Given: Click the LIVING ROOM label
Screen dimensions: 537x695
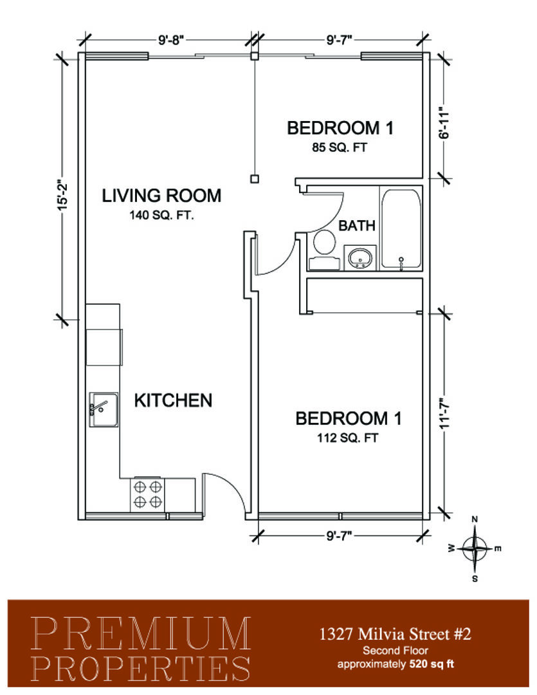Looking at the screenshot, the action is point(161,196).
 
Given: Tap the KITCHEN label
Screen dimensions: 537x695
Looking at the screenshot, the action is point(173,401).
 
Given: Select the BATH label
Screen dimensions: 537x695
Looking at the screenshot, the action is point(357,226).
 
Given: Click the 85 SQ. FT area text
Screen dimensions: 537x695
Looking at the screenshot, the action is point(340,147).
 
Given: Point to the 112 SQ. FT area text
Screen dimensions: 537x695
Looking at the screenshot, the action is point(347,438).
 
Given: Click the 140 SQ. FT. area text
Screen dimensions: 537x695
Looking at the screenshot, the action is point(161,216).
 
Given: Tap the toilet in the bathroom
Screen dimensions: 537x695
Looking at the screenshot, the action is point(324,250).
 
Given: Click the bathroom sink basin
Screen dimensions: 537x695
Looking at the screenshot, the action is point(360,257).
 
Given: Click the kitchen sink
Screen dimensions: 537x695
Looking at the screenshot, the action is point(104,409).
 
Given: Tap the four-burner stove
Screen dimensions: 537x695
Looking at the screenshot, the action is point(148,495).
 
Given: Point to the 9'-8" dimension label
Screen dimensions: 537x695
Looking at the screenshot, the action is point(170,41).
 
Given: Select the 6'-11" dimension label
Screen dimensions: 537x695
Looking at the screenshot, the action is point(445,122).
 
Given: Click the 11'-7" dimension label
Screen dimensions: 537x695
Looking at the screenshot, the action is point(445,412).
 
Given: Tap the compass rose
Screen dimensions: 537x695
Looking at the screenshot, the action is point(475,549).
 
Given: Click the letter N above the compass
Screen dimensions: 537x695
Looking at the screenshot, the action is point(475,519).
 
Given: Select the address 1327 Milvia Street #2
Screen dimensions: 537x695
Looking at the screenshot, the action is point(396,635).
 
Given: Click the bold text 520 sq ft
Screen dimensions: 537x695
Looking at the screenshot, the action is point(432,664).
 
